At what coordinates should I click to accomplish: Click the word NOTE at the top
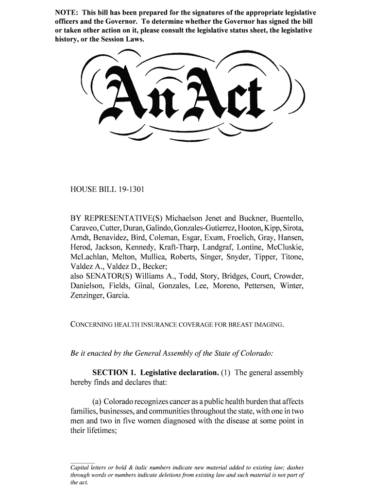(x=66, y=12)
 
